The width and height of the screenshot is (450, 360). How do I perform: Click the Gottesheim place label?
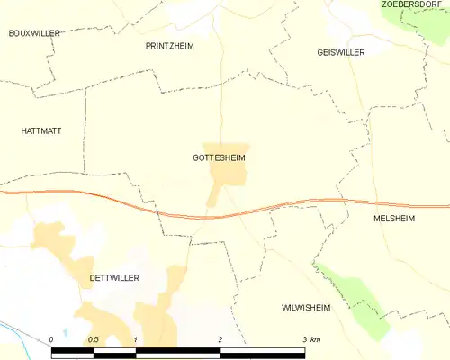pos(219,157)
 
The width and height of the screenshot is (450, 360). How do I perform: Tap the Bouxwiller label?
pos(33,33)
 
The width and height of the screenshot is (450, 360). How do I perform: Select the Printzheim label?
pos(169,45)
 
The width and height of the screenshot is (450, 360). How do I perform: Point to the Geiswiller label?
pos(341,52)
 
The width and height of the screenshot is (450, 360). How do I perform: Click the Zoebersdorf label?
pos(415,4)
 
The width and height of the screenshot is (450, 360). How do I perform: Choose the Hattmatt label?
pos(40,130)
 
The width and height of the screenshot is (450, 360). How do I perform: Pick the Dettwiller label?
pos(114,278)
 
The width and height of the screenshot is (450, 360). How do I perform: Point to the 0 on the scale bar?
pos(52,339)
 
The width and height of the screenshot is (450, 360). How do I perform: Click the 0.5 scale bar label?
pos(94,339)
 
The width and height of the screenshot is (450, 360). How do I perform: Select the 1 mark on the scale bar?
pos(135,339)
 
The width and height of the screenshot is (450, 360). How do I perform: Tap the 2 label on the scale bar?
pos(220,339)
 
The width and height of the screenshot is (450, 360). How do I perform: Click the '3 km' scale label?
pos(311,339)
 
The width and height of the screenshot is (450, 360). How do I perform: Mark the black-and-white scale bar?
pos(180,351)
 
